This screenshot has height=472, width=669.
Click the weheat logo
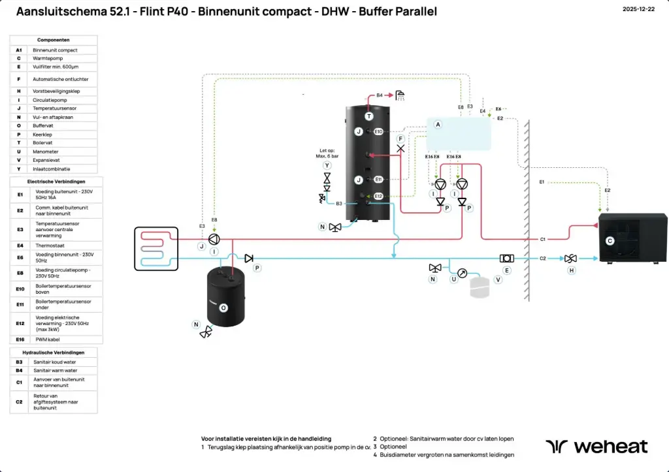(x=596, y=447)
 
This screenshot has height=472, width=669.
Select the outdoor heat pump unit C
(x=632, y=239)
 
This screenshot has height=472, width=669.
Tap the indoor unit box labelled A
(x=459, y=134)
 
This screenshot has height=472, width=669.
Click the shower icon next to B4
(x=400, y=95)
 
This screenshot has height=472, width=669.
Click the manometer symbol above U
(x=463, y=273)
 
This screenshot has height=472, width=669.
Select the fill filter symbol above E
(x=506, y=259)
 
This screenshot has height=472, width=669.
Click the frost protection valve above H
(x=570, y=259)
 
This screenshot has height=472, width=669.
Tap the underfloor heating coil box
(x=155, y=248)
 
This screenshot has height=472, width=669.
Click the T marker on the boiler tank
(x=369, y=116)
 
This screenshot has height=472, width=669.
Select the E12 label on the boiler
(x=378, y=196)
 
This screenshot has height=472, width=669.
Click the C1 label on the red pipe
(x=542, y=240)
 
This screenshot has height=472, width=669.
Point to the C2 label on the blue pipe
(x=542, y=259)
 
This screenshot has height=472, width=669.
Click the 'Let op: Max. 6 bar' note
(x=327, y=153)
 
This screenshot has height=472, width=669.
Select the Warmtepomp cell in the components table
(x=64, y=58)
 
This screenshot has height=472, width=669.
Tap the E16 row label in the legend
(x=20, y=339)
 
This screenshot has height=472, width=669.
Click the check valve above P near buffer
(x=249, y=259)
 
